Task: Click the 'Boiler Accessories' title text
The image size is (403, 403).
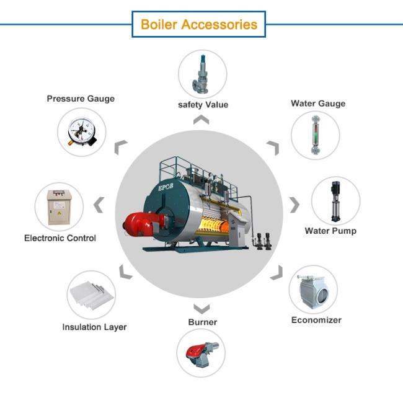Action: click(199, 25)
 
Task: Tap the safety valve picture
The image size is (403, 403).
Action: click(201, 74)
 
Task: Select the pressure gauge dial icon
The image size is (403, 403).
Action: click(81, 131)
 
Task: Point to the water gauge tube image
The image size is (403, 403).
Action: click(316, 135)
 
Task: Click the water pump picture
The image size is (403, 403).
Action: click(335, 201)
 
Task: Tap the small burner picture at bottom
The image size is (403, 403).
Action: click(202, 353)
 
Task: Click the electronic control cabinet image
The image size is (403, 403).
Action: click(60, 207)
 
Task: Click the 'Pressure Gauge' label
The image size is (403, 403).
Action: click(81, 99)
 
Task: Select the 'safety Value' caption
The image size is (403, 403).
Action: click(203, 105)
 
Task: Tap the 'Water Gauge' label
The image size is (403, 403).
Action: click(318, 104)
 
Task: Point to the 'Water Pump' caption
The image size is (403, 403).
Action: click(330, 231)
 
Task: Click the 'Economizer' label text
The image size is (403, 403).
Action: click(316, 320)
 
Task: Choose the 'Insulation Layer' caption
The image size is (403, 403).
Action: click(95, 327)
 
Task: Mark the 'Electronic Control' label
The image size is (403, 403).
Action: click(60, 238)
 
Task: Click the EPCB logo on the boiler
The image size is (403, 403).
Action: click(166, 187)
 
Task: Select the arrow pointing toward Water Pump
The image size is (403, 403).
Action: click(294, 205)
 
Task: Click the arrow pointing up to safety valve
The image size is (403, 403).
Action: click(201, 120)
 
